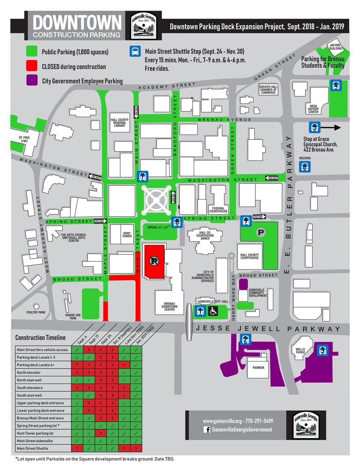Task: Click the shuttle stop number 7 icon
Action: [x=143, y=176]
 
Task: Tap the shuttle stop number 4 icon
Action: [x=336, y=85]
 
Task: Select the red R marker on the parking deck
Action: [x=154, y=261]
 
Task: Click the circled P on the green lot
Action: [x=261, y=233]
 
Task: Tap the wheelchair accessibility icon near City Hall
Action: [x=213, y=311]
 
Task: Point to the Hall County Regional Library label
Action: [x=119, y=123]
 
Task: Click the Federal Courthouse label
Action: [x=218, y=210]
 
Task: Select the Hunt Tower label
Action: [x=127, y=235]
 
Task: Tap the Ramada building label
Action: [x=258, y=368]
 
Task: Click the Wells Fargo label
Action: [x=300, y=351]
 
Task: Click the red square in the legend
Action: [x=32, y=66]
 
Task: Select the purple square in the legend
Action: [x=32, y=80]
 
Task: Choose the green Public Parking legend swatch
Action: [x=32, y=51]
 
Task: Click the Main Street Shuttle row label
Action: [x=32, y=448]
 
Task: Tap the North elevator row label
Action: [x=29, y=372]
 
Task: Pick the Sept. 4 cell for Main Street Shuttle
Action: [x=77, y=448]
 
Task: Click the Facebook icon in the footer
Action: [x=207, y=430]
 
